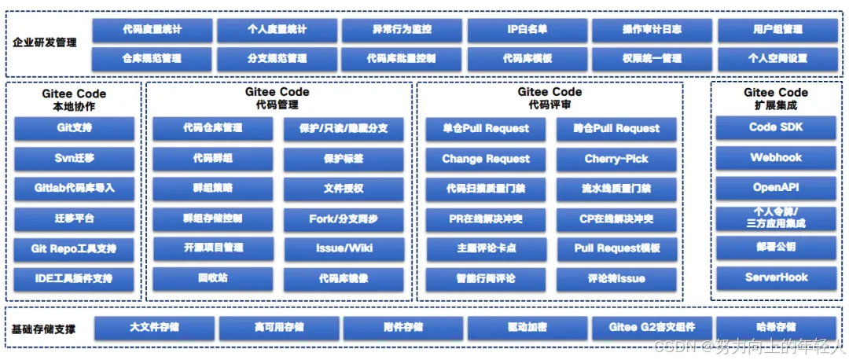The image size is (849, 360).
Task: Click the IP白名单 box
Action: pyautogui.click(x=527, y=30)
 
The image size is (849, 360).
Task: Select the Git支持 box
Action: pyautogui.click(x=75, y=127)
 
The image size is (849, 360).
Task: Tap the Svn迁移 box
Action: pyautogui.click(x=75, y=158)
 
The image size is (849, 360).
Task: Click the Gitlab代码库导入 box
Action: pyautogui.click(x=75, y=189)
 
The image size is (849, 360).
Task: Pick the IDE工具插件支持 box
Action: pyautogui.click(x=75, y=278)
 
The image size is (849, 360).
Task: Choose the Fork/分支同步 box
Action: pyautogui.click(x=344, y=219)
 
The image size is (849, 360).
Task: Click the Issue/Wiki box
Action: pyautogui.click(x=344, y=248)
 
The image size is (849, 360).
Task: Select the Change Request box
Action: pyautogui.click(x=486, y=159)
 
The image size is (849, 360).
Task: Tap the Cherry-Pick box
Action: pyautogui.click(x=616, y=159)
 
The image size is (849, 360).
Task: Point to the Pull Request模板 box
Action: pyautogui.click(x=616, y=248)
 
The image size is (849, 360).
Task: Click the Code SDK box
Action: pyautogui.click(x=776, y=127)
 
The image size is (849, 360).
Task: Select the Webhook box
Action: pyautogui.click(x=776, y=157)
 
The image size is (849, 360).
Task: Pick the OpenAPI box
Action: pyautogui.click(x=776, y=188)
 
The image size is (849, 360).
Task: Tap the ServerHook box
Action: pyautogui.click(x=776, y=277)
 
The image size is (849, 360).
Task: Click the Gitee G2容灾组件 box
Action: pyautogui.click(x=652, y=328)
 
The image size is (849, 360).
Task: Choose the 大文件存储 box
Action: pyautogui.click(x=154, y=328)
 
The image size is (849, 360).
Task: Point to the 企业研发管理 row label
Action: pyautogui.click(x=45, y=42)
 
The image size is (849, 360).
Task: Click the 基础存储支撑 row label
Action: pyautogui.click(x=45, y=329)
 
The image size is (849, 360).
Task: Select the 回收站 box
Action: pyautogui.click(x=213, y=278)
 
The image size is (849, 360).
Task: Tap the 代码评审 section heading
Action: pyautogui.click(x=549, y=105)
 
